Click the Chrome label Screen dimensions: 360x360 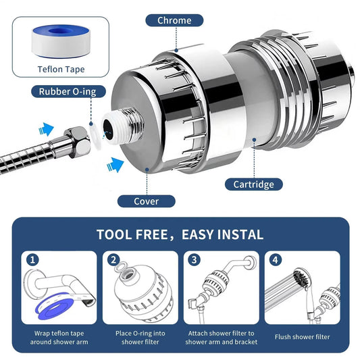pyautogui.click(x=175, y=20)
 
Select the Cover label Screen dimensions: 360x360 pyautogui.click(x=147, y=201)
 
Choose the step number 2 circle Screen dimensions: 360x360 pyautogui.click(x=113, y=259)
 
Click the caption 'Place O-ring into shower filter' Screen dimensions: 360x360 pyautogui.click(x=140, y=336)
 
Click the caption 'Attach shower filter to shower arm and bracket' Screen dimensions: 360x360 pyautogui.click(x=220, y=336)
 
